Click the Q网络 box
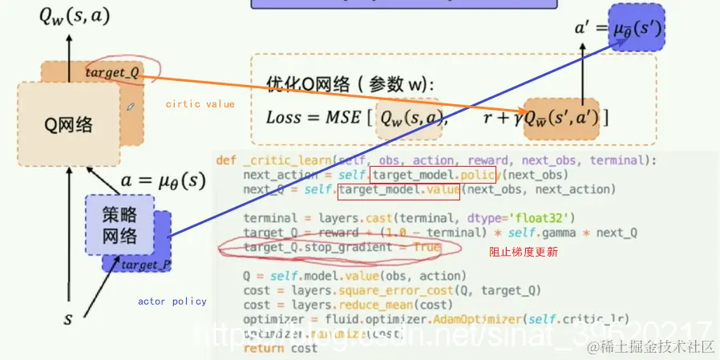click(x=68, y=125)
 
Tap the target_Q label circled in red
click(x=112, y=73)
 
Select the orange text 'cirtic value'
click(x=200, y=104)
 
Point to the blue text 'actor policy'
click(x=172, y=301)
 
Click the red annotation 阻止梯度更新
click(x=524, y=252)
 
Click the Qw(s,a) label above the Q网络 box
click(x=68, y=17)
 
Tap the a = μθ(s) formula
click(x=163, y=180)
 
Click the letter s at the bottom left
click(x=68, y=319)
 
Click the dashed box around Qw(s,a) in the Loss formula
click(x=407, y=117)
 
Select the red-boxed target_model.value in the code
click(x=398, y=190)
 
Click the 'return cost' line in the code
click(x=280, y=349)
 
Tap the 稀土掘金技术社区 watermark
click(x=650, y=346)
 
